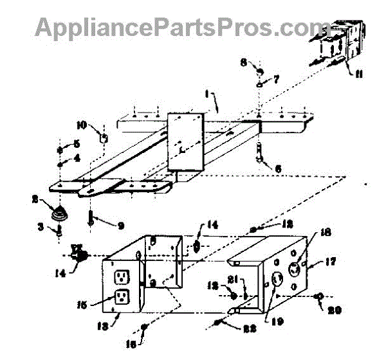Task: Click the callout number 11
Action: (x=358, y=75)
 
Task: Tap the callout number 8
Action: (x=243, y=62)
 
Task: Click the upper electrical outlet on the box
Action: (x=121, y=277)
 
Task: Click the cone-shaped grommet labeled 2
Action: (x=60, y=214)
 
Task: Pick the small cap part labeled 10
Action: (x=103, y=137)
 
